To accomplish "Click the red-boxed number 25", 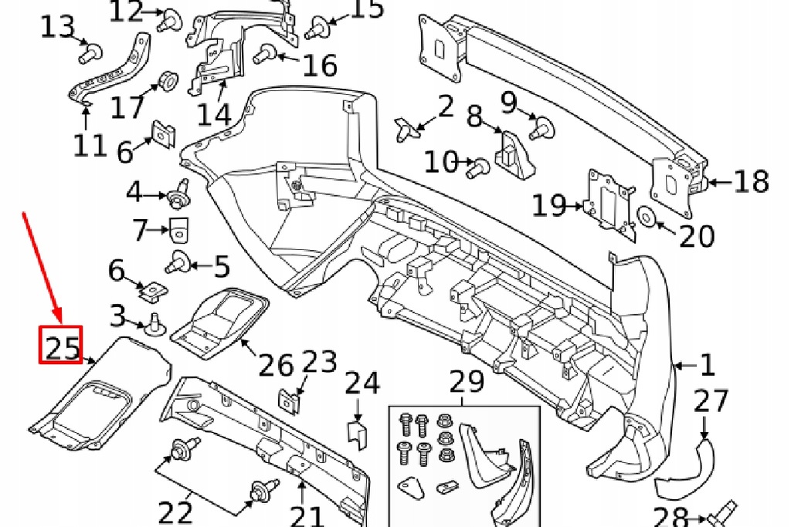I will tap(61, 346).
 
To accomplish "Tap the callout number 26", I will tap(277, 366).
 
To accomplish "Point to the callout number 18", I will tap(751, 182).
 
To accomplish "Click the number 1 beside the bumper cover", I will tap(707, 365).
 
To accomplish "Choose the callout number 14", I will tap(213, 115).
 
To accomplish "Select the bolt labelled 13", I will tap(90, 53).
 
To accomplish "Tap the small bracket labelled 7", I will tap(180, 227).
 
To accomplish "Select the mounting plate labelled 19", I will tap(608, 199).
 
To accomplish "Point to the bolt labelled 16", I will tap(266, 53).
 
